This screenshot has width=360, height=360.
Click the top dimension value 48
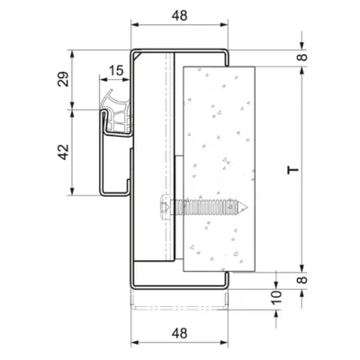coord(179,15)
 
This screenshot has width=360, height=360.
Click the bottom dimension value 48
coord(179,333)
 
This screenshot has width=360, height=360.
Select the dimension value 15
coord(115,70)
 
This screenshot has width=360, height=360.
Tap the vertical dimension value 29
coord(63,79)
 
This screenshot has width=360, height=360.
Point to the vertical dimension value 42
coord(63,152)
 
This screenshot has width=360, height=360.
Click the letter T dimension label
coord(293,170)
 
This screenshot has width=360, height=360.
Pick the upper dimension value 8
coord(303,57)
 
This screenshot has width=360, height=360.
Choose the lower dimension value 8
coord(303,280)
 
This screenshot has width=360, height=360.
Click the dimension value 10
coord(277,297)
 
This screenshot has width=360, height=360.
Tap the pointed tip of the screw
coord(247,207)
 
